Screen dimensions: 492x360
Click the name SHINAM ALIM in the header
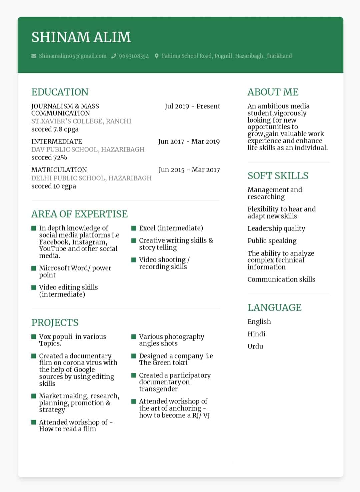pyautogui.click(x=81, y=37)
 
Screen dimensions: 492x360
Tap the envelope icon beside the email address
pyautogui.click(x=34, y=56)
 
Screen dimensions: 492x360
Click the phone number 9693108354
pyautogui.click(x=134, y=56)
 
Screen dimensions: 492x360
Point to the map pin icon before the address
pyautogui.click(x=157, y=56)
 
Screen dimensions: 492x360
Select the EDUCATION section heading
pyautogui.click(x=60, y=92)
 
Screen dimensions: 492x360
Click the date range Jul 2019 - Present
pyautogui.click(x=192, y=106)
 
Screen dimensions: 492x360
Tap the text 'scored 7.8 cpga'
pyautogui.click(x=55, y=129)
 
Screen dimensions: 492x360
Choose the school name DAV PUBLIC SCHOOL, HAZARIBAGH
pyautogui.click(x=88, y=150)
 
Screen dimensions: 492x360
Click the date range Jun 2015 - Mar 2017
pyautogui.click(x=189, y=170)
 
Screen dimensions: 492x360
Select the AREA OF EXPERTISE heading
pyautogui.click(x=79, y=214)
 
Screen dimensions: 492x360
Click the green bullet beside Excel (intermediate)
pyautogui.click(x=134, y=228)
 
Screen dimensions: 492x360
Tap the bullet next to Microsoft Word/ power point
pyautogui.click(x=34, y=268)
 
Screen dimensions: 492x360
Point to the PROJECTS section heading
pyautogui.click(x=55, y=322)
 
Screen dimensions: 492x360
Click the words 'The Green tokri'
pyautogui.click(x=163, y=363)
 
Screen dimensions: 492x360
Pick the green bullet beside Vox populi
pyautogui.click(x=34, y=337)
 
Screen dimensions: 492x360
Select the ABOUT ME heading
pyautogui.click(x=273, y=92)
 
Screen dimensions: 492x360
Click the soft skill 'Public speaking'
pyautogui.click(x=272, y=241)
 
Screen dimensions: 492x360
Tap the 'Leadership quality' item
pyautogui.click(x=276, y=229)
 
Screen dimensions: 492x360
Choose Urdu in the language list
pyautogui.click(x=255, y=346)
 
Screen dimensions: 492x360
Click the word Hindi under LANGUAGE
pyautogui.click(x=256, y=334)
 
